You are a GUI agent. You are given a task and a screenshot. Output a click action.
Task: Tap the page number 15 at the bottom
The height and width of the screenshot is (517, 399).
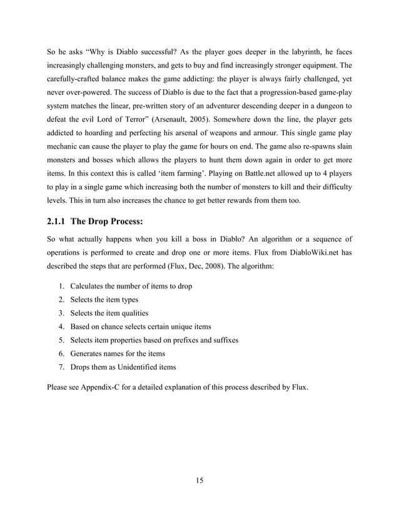(x=199, y=481)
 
